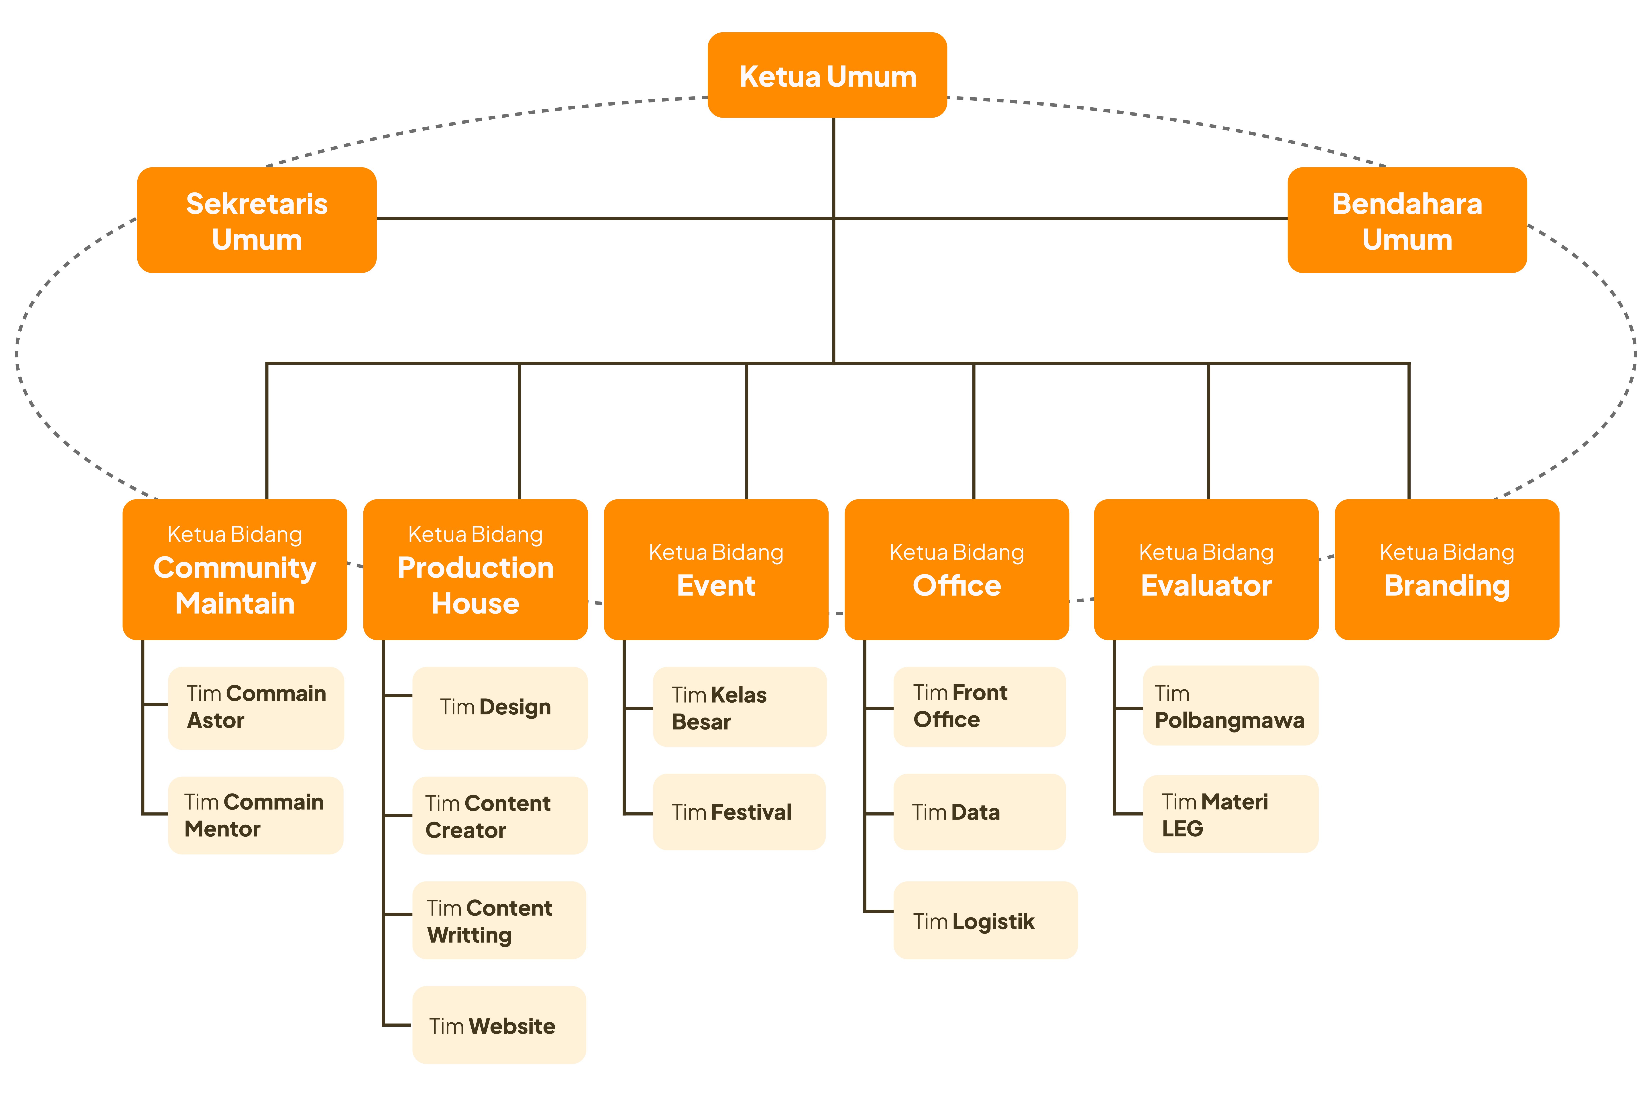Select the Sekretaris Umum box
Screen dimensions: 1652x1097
257,220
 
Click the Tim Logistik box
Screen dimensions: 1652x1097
986,920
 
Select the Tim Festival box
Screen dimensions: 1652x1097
739,812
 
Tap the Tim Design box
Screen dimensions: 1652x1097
500,708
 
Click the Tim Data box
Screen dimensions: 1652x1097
979,812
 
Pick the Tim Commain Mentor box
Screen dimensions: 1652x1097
256,815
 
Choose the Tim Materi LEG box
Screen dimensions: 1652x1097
1230,814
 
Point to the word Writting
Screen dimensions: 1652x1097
469,935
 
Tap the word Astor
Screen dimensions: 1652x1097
215,721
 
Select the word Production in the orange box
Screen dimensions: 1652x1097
476,567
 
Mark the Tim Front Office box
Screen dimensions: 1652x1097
979,707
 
